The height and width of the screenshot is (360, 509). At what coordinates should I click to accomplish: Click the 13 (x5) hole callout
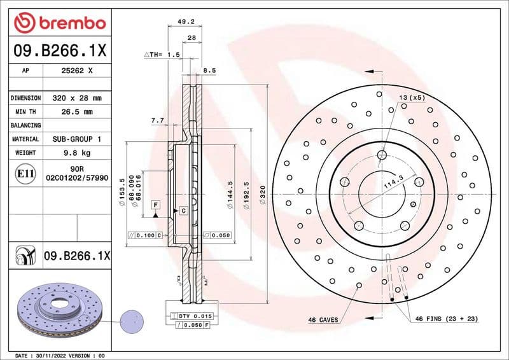(412, 97)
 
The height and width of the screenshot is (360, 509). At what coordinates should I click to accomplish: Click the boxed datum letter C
(183, 210)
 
